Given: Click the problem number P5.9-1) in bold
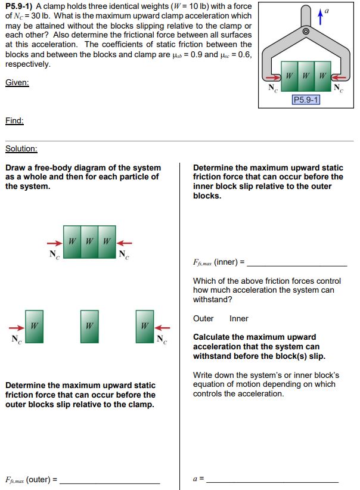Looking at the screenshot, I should point(21,6).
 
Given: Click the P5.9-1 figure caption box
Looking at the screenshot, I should point(305,100).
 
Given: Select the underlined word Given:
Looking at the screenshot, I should point(17,82).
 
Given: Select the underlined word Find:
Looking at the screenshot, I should point(14,120).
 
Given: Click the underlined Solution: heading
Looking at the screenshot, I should point(21,148).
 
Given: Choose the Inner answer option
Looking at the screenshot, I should point(238,318).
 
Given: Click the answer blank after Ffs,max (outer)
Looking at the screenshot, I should point(110,480).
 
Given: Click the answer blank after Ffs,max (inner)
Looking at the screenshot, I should point(296,264).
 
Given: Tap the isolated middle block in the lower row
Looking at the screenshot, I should point(89,326).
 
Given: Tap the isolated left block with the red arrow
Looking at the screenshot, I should point(34,326).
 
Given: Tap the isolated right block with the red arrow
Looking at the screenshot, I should point(144,326).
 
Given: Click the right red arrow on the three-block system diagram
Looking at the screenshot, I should point(124,243).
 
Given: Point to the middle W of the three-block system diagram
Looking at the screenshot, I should point(89,241).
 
